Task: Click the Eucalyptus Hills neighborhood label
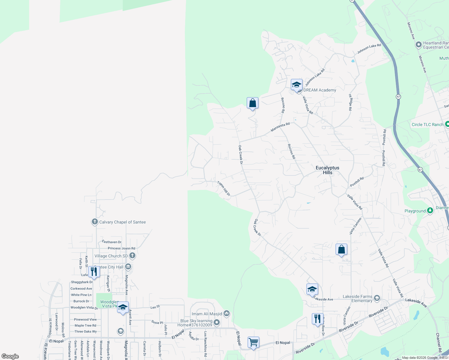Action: point(327,170)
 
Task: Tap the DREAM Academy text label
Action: point(320,90)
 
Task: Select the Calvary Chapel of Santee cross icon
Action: point(95,222)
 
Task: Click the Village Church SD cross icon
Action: point(132,256)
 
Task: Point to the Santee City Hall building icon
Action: point(128,267)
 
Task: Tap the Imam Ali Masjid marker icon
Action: point(227,313)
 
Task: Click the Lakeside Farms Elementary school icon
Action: point(377,298)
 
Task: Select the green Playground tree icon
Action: point(430,211)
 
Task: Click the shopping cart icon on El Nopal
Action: point(253,342)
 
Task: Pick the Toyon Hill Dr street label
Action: point(224,188)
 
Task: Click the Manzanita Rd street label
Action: point(280,127)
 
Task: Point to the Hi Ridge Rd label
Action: point(350,102)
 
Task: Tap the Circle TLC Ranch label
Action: point(427,124)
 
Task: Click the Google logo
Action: point(10,356)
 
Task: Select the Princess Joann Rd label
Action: point(122,248)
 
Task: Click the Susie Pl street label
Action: point(157,322)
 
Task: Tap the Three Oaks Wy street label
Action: point(86,331)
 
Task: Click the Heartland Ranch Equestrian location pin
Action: point(418,45)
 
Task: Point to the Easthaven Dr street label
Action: point(112,242)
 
